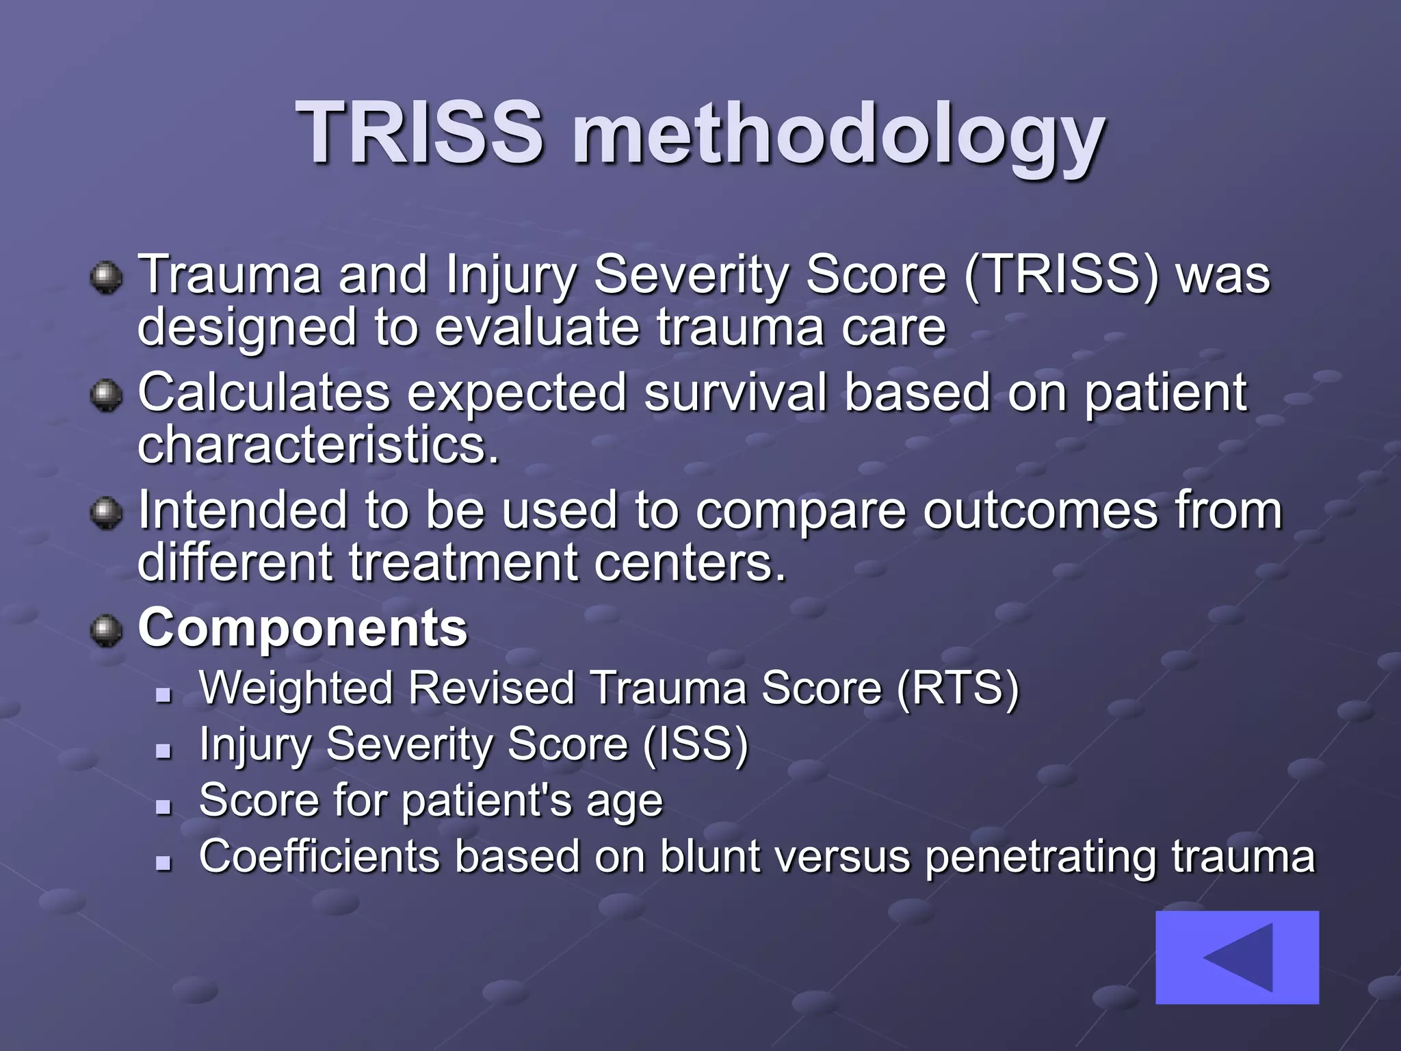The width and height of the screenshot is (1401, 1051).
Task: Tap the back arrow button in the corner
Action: click(x=1237, y=957)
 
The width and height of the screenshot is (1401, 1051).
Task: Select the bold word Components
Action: click(x=303, y=627)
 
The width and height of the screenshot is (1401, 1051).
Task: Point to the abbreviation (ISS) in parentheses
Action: click(x=696, y=744)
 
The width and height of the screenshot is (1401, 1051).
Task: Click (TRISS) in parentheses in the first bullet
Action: click(x=1062, y=275)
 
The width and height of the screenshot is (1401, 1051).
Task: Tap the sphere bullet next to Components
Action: click(x=106, y=630)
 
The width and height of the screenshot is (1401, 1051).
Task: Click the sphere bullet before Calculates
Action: click(x=106, y=395)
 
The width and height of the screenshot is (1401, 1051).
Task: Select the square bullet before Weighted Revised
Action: click(x=163, y=695)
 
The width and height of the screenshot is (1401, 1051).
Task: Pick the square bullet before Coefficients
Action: click(x=163, y=864)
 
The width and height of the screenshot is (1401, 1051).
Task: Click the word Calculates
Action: click(x=264, y=393)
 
